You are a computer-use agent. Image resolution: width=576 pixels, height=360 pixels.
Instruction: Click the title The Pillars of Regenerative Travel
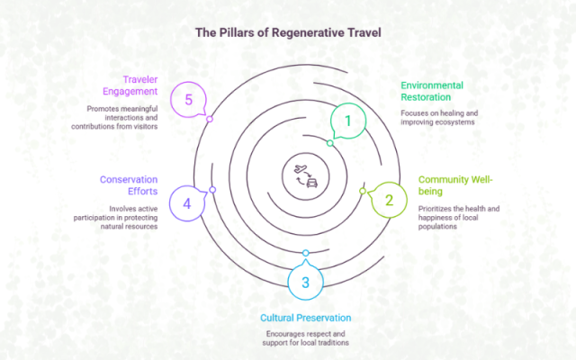click(288, 32)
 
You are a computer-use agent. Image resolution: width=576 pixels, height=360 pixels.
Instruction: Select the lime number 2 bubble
click(389, 201)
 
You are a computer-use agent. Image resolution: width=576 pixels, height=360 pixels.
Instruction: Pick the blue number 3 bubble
click(305, 283)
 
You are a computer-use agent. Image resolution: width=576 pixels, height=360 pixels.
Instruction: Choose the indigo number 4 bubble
click(187, 203)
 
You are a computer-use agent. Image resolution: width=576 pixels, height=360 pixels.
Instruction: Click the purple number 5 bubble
click(188, 99)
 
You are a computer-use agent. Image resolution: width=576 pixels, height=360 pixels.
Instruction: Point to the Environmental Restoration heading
click(436, 91)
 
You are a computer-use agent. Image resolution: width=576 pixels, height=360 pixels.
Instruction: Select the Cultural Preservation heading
click(306, 318)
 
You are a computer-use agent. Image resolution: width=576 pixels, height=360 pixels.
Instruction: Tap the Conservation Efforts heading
click(130, 184)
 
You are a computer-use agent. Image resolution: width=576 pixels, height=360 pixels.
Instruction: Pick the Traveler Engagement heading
click(130, 85)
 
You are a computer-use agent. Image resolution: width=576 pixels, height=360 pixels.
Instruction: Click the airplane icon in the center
click(300, 168)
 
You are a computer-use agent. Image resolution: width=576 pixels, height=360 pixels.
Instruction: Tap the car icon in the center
click(311, 182)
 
